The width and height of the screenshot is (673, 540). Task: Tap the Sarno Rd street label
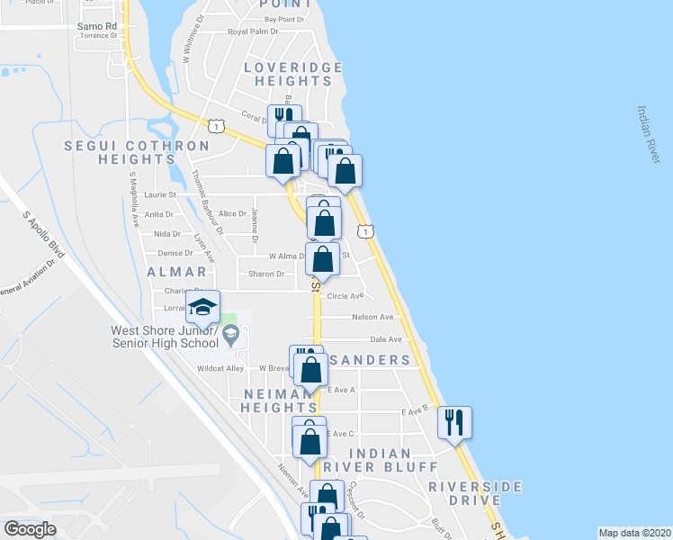97,26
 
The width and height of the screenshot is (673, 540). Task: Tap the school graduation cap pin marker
203,307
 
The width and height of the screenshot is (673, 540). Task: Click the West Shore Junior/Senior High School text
165,337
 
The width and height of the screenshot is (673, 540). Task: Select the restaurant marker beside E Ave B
454,421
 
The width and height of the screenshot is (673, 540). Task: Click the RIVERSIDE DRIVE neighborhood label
475,492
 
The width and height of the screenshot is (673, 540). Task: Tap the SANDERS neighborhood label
370,360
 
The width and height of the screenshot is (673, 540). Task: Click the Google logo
30,529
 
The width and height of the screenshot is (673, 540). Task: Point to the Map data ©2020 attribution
634,533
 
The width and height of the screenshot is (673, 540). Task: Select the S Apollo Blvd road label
43,237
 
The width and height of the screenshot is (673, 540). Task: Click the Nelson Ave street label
372,317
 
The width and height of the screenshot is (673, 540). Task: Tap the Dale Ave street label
384,339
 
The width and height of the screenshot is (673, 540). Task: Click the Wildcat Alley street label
222,368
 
